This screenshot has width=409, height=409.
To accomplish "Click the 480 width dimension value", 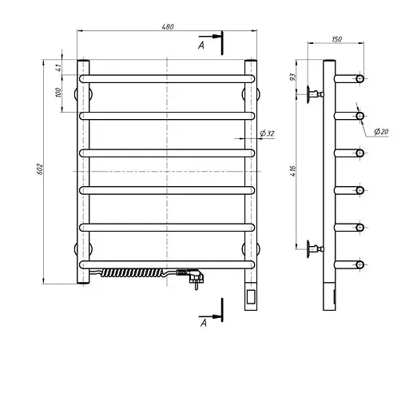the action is tap(168, 26).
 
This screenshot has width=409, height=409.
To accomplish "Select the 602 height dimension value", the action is tap(39, 169).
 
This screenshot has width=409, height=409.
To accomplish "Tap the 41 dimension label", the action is tap(58, 67).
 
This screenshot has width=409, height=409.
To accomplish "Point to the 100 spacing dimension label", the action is tap(58, 93).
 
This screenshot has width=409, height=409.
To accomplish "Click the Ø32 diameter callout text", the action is tap(267, 133).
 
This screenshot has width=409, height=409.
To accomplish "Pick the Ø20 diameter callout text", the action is tap(381, 131).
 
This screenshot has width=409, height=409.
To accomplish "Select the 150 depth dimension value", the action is tap(336, 39).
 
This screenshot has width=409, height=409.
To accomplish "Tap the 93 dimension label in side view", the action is tap(292, 77).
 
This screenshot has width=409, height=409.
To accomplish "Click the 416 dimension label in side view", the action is tap(292, 171).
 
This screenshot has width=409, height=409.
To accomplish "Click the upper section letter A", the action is tap(201, 46).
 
